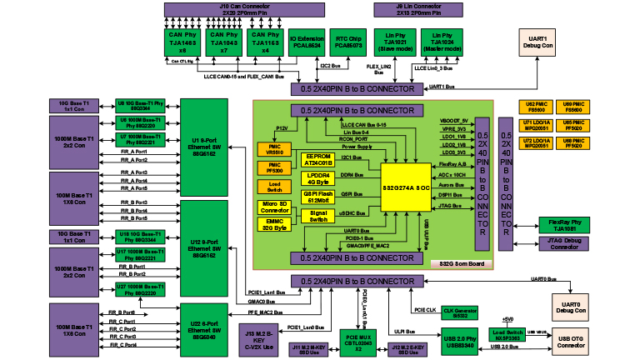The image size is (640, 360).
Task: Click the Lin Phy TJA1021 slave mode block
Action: click(x=394, y=42)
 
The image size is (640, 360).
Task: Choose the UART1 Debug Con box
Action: click(x=536, y=42)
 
